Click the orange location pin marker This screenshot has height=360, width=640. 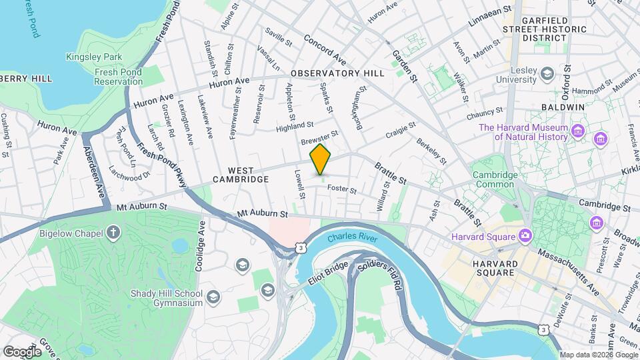321,159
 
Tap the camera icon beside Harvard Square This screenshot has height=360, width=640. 525,236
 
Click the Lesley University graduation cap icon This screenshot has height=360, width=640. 547,73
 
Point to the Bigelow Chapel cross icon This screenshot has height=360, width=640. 114,233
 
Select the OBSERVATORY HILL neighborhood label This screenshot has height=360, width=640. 337,73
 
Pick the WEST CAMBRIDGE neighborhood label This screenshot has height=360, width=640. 240,179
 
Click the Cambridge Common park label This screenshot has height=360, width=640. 495,180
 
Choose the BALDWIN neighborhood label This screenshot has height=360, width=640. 563,107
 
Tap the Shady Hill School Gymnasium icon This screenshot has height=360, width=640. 213,296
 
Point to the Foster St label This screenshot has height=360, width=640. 342,190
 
